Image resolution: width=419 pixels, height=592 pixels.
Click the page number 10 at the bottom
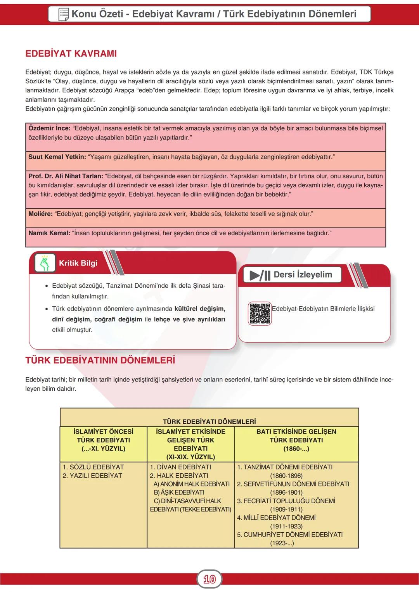tap(209, 579)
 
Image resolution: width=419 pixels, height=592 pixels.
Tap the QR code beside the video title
tap(260, 313)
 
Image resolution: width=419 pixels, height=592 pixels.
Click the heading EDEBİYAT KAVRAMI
tap(71, 54)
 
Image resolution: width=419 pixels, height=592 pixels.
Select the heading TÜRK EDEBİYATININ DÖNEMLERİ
tap(100, 360)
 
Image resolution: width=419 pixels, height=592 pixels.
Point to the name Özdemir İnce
tap(49, 128)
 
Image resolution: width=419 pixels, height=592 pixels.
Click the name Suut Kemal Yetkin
tap(57, 157)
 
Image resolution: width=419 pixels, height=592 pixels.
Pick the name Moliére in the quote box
tap(40, 214)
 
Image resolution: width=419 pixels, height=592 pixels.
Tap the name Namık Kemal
tap(49, 233)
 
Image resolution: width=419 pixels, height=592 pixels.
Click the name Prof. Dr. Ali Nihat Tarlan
tap(66, 176)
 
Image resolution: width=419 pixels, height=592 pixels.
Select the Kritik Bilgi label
tap(78, 263)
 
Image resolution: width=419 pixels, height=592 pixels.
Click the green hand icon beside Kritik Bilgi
tap(45, 263)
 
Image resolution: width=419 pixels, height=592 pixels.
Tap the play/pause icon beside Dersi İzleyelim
tap(260, 275)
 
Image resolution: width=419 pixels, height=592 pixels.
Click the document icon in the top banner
tap(63, 14)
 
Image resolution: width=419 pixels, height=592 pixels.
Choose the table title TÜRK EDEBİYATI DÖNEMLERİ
tap(209, 421)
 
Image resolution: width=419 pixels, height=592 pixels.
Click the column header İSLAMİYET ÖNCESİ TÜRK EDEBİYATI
tap(103, 440)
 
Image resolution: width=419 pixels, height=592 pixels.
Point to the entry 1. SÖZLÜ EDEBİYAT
tap(93, 467)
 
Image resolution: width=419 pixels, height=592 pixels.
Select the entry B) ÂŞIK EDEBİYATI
tap(179, 492)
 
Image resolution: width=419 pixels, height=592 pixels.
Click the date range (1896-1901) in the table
tap(286, 492)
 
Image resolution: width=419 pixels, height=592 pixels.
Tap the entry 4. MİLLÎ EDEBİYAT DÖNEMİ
tap(276, 518)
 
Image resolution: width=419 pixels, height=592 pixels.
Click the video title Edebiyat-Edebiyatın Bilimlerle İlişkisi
tap(323, 309)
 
